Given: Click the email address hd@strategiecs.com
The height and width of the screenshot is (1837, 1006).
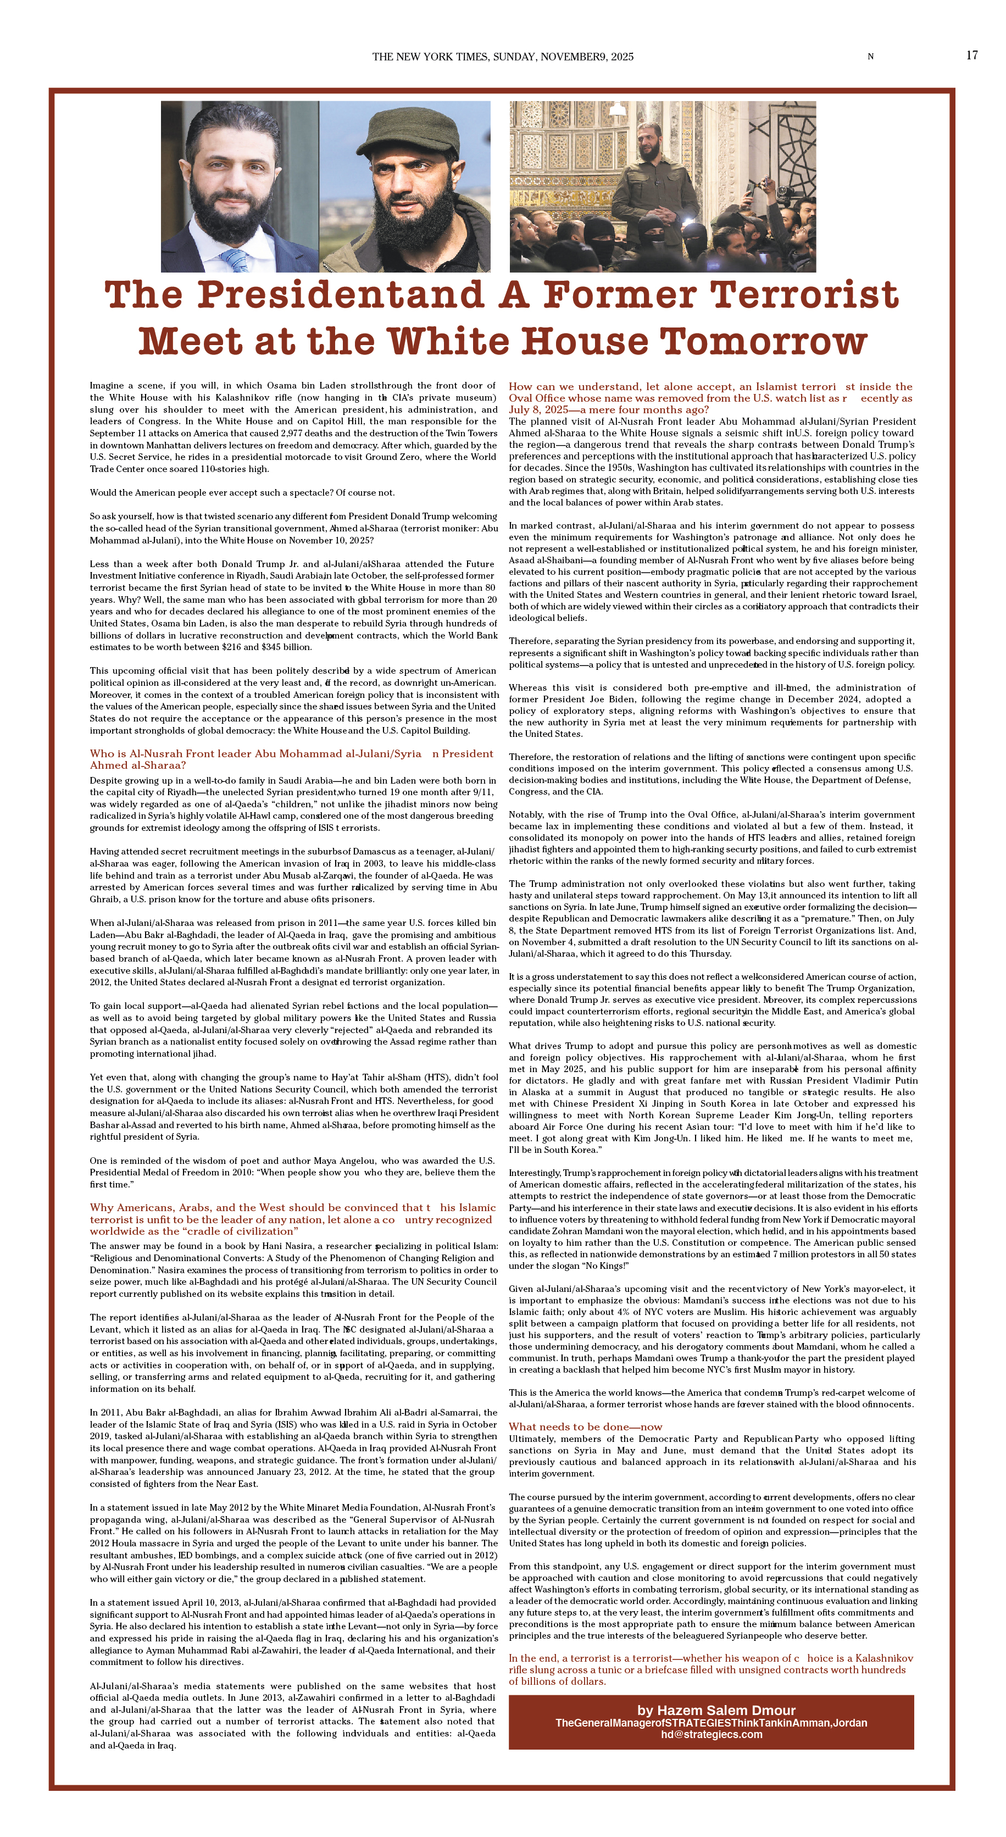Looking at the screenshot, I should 711,1734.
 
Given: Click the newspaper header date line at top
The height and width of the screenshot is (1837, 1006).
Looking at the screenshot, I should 503,57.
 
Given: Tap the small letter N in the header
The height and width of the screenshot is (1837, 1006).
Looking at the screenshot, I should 870,57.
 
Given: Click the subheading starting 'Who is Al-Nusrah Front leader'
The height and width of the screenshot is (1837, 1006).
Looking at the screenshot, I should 291,759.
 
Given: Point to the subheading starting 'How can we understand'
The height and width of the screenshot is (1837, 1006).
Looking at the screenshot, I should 709,398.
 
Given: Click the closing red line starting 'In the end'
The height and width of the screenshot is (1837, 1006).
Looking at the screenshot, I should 710,1669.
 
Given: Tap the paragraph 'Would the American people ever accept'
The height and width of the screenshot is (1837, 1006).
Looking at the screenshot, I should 242,492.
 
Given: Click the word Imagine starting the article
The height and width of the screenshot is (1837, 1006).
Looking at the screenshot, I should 105,385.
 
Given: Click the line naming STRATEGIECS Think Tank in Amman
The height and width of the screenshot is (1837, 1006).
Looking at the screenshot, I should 711,1722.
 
